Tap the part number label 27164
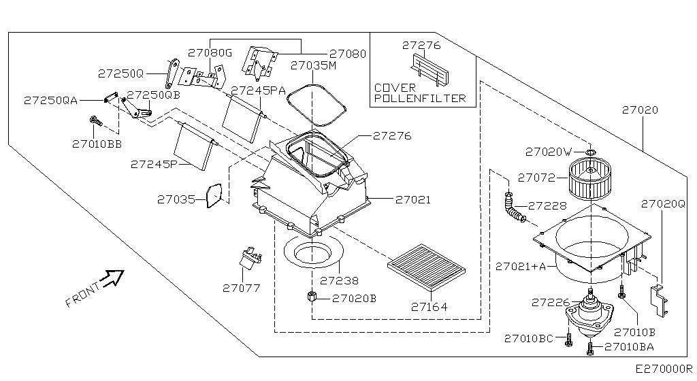click(429, 307)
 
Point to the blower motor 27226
click(589, 314)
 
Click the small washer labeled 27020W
click(590, 153)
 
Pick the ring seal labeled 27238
click(314, 252)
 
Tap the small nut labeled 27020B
click(312, 296)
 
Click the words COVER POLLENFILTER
click(420, 93)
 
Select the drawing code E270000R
click(664, 369)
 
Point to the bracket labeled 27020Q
click(659, 301)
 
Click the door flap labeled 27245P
click(195, 146)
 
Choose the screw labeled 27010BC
click(568, 339)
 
